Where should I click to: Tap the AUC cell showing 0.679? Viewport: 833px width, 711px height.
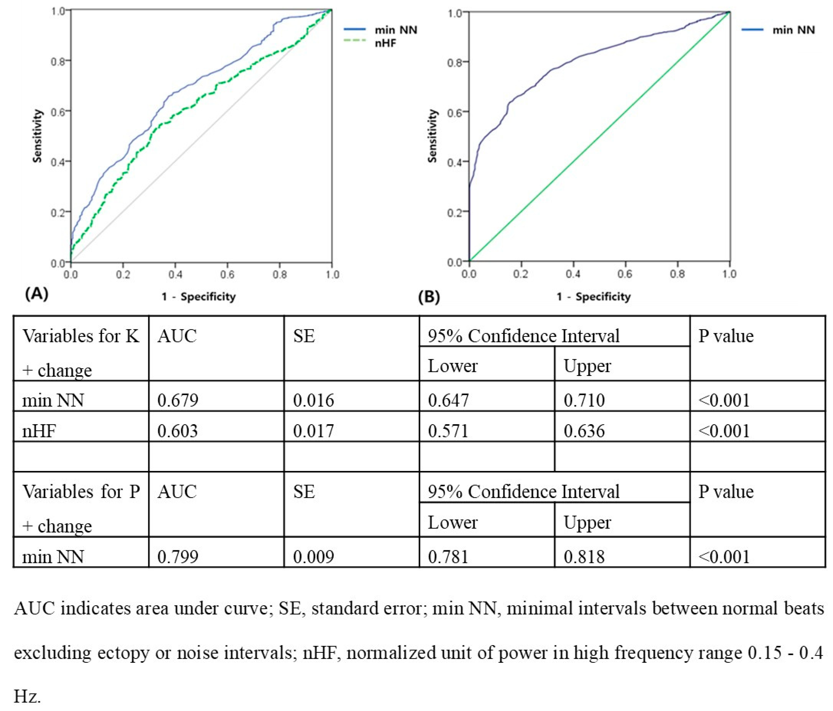(x=178, y=400)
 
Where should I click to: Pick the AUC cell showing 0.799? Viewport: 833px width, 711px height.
(x=178, y=556)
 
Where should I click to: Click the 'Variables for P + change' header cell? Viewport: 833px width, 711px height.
(x=80, y=508)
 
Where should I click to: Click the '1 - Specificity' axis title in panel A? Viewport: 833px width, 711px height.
(x=199, y=297)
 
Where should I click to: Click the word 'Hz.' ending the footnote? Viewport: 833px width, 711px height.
(x=27, y=696)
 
